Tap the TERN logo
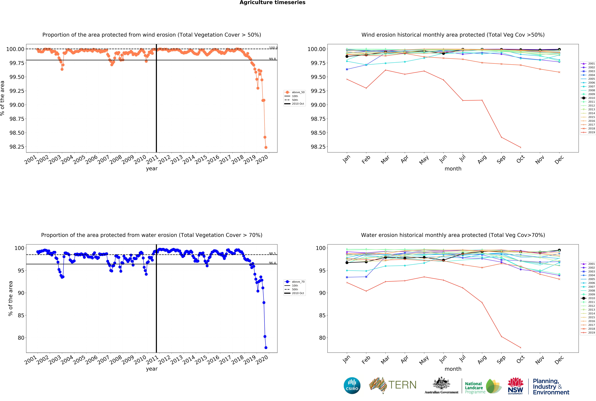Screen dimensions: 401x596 coord(393,385)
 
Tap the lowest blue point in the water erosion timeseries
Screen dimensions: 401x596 coord(266,348)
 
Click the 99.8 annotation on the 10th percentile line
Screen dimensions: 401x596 coord(272,59)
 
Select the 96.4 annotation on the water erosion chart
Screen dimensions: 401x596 coord(272,263)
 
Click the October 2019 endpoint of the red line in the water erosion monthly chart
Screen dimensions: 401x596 coord(520,348)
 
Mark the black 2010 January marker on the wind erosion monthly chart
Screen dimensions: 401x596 coord(347,56)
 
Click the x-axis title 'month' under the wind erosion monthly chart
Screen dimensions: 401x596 coord(453,169)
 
